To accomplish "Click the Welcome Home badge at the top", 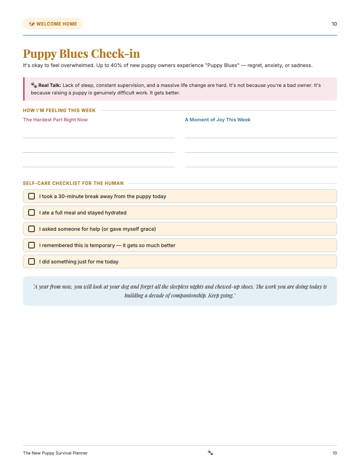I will tap(53, 24).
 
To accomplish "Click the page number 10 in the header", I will tap(334, 24).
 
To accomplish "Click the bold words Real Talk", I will tap(49, 85).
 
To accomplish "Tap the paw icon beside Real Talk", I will tap(34, 85).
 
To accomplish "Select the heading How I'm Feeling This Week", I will tap(59, 111).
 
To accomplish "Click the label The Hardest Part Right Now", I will tap(55, 120).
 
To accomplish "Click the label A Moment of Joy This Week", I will tap(217, 120).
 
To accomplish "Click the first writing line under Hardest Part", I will tap(99, 137).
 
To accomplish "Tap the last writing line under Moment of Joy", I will tap(261, 166).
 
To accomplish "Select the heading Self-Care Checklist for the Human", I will tap(73, 183).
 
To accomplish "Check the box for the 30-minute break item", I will tap(32, 196).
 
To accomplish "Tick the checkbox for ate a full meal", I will tap(32, 213).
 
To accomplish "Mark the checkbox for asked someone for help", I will tap(32, 229).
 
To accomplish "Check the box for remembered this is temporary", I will tap(32, 245).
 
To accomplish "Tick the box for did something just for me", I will tap(32, 262).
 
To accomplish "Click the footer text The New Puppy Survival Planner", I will tap(55, 453).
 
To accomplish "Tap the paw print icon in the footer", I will tap(210, 453).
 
